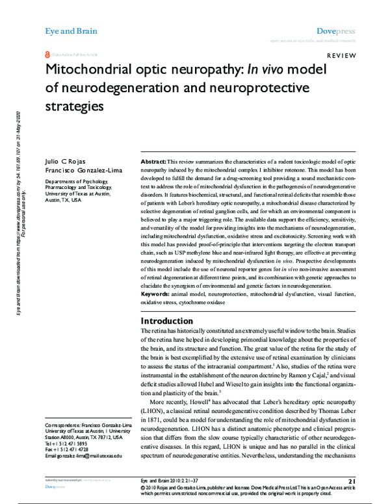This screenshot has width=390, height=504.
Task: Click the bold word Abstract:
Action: [x=153, y=160]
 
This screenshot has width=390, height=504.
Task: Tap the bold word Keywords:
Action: [x=158, y=294]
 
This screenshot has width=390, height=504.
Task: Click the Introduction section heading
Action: [x=171, y=321]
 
